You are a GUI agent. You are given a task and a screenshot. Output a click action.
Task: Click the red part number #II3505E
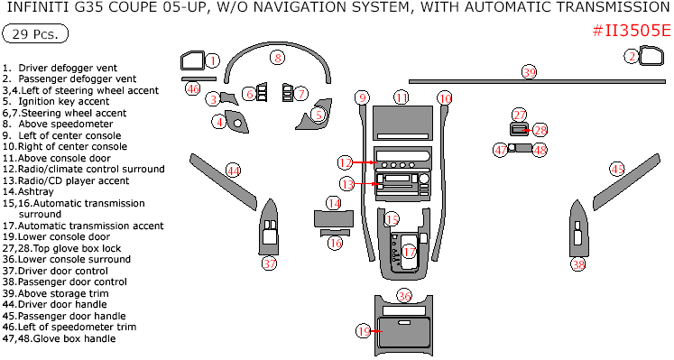click(x=631, y=31)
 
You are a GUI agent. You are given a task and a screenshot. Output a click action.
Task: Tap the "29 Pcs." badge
click(x=35, y=34)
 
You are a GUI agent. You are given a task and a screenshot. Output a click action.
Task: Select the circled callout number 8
click(x=278, y=57)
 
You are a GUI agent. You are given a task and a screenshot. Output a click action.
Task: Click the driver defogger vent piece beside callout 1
click(x=192, y=61)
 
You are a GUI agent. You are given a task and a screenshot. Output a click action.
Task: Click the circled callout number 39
click(x=529, y=72)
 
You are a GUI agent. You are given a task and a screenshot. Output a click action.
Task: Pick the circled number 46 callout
click(x=192, y=88)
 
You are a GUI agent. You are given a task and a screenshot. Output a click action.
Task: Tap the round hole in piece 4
click(x=237, y=124)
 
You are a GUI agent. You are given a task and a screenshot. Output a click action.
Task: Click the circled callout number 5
click(x=319, y=115)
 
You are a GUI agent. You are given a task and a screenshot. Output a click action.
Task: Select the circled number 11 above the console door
click(x=402, y=97)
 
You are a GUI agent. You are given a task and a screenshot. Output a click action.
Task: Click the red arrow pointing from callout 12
click(x=365, y=162)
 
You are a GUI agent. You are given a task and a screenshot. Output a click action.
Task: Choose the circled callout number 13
click(x=347, y=184)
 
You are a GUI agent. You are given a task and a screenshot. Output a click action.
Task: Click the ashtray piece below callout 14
click(x=334, y=218)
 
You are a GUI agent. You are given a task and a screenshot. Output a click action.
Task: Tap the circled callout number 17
click(x=410, y=252)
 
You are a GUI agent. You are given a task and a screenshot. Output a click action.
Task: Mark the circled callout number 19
click(x=364, y=331)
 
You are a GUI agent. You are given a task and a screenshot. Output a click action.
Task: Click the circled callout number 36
click(x=404, y=296)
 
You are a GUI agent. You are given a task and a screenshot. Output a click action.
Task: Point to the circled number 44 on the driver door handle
click(x=234, y=171)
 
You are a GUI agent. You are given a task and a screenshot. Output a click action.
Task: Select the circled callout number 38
click(x=578, y=263)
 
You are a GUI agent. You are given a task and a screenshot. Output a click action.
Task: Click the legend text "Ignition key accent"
click(x=64, y=101)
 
